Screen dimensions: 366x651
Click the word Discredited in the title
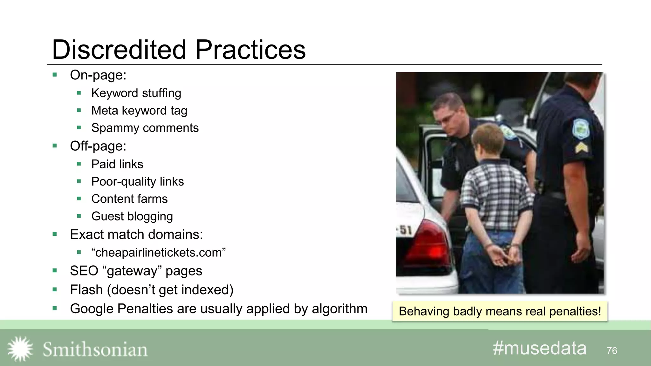click(119, 50)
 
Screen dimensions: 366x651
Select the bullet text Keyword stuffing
click(136, 93)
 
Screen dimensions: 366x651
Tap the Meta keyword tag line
click(139, 111)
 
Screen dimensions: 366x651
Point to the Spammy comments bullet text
click(145, 128)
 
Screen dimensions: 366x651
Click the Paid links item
click(117, 164)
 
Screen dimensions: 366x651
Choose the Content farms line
click(129, 199)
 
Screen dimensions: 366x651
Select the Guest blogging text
click(132, 216)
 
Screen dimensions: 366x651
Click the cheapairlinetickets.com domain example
click(158, 253)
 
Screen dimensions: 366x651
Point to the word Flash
click(86, 290)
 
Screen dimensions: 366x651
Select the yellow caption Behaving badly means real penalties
click(500, 311)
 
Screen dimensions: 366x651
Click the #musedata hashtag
click(539, 348)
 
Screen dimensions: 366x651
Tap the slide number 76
click(612, 351)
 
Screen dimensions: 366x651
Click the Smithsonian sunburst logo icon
click(20, 349)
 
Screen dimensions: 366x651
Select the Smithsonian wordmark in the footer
click(95, 349)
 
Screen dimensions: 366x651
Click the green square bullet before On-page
click(55, 75)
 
